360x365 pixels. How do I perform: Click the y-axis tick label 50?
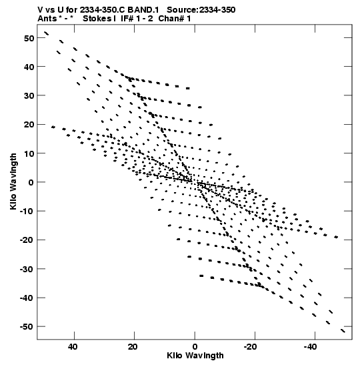pyautogui.click(x=29, y=38)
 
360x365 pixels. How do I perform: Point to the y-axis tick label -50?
pyautogui.click(x=27, y=327)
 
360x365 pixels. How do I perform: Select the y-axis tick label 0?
pyautogui.click(x=31, y=183)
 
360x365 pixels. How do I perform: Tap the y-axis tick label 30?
pyautogui.click(x=29, y=95)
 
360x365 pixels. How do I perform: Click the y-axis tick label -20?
pyautogui.click(x=27, y=240)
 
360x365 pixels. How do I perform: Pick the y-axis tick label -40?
pyautogui.click(x=27, y=298)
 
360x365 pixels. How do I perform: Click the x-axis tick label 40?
pyautogui.click(x=73, y=347)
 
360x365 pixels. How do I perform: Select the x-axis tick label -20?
pyautogui.click(x=250, y=347)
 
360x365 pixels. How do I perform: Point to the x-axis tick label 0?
pyautogui.click(x=195, y=347)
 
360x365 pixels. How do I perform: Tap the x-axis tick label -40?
pyautogui.click(x=311, y=347)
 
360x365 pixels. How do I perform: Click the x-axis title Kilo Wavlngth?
pyautogui.click(x=195, y=356)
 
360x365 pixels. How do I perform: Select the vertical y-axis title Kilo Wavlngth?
pyautogui.click(x=13, y=181)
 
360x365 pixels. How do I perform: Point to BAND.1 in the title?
pyautogui.click(x=143, y=10)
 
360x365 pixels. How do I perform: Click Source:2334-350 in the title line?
pyautogui.click(x=201, y=10)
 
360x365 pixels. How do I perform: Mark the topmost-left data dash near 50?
pyautogui.click(x=46, y=33)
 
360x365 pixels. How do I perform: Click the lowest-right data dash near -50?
pyautogui.click(x=343, y=331)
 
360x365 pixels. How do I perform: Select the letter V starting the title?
pyautogui.click(x=41, y=10)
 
